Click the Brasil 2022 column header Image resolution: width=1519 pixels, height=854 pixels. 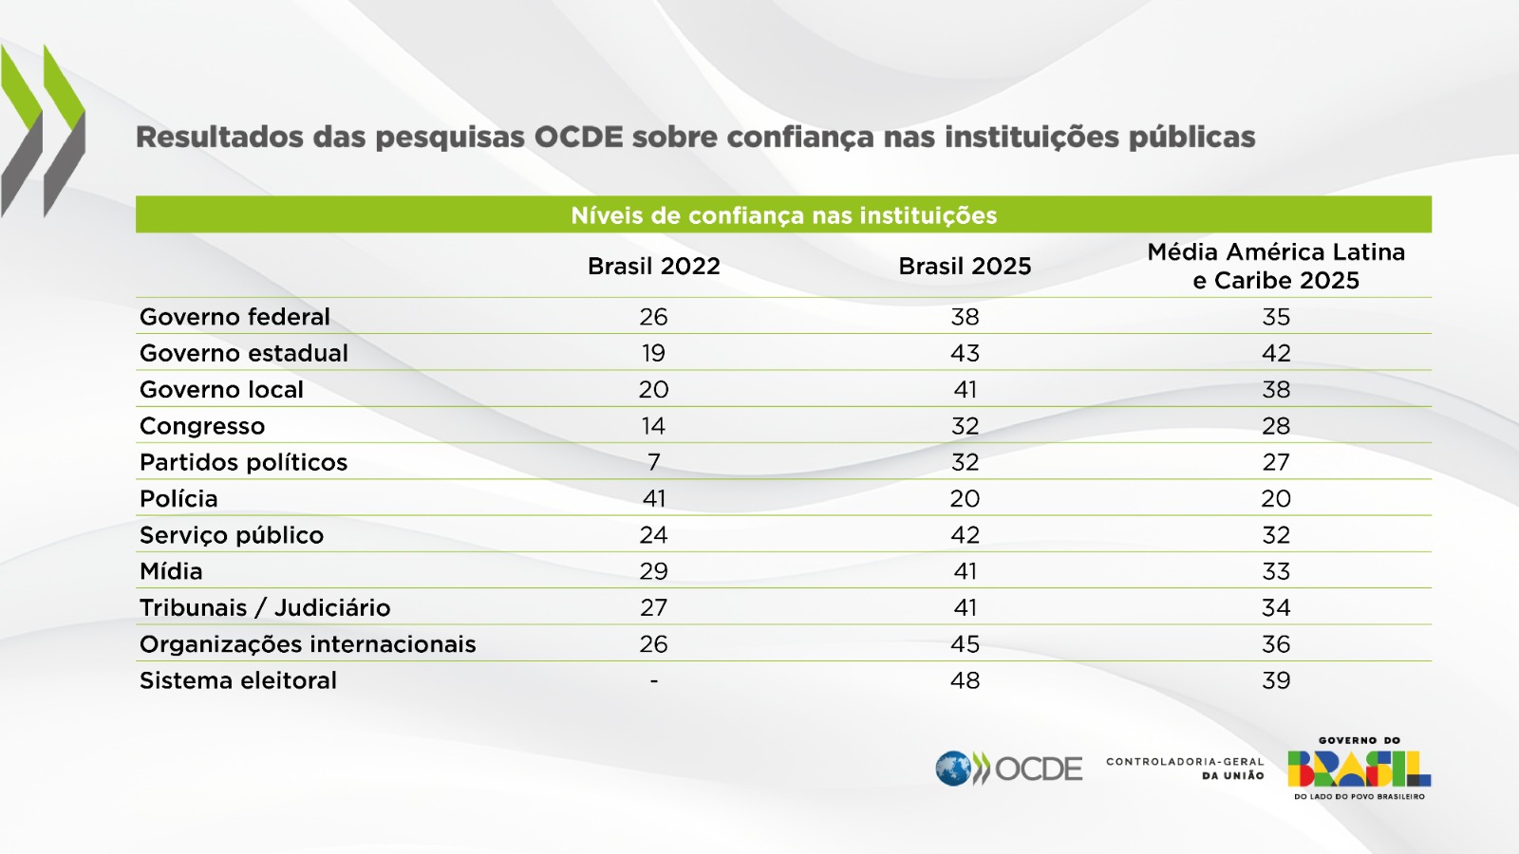pos(653,267)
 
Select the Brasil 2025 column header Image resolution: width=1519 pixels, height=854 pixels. pos(965,267)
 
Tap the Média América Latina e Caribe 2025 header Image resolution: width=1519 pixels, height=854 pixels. pos(1276,267)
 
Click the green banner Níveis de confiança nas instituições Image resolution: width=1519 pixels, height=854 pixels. pos(783,215)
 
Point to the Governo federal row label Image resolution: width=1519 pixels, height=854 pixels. pos(234,317)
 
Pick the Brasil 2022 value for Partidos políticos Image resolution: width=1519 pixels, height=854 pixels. pos(653,462)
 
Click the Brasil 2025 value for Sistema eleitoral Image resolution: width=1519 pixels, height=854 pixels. pos(965,680)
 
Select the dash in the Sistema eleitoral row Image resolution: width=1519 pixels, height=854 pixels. pos(653,681)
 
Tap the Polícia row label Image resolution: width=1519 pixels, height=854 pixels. pos(178,499)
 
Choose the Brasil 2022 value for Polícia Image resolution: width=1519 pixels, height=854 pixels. pos(653,499)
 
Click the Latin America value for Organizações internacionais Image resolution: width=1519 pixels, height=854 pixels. pos(1276,644)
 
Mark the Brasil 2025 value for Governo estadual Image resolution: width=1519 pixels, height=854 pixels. pos(965,353)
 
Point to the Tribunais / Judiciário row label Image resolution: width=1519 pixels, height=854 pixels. pos(265,608)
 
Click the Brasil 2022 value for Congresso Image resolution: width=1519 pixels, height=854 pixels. pos(653,426)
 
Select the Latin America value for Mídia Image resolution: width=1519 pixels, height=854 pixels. pos(1276,571)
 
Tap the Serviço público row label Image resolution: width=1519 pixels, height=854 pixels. pos(232,535)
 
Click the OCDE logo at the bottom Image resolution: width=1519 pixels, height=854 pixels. pos(1008,769)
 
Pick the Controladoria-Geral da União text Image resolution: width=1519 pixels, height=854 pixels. pos(1185,769)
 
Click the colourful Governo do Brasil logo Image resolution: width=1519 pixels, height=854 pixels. pos(1359,769)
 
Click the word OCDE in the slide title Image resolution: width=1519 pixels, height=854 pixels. pos(578,138)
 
